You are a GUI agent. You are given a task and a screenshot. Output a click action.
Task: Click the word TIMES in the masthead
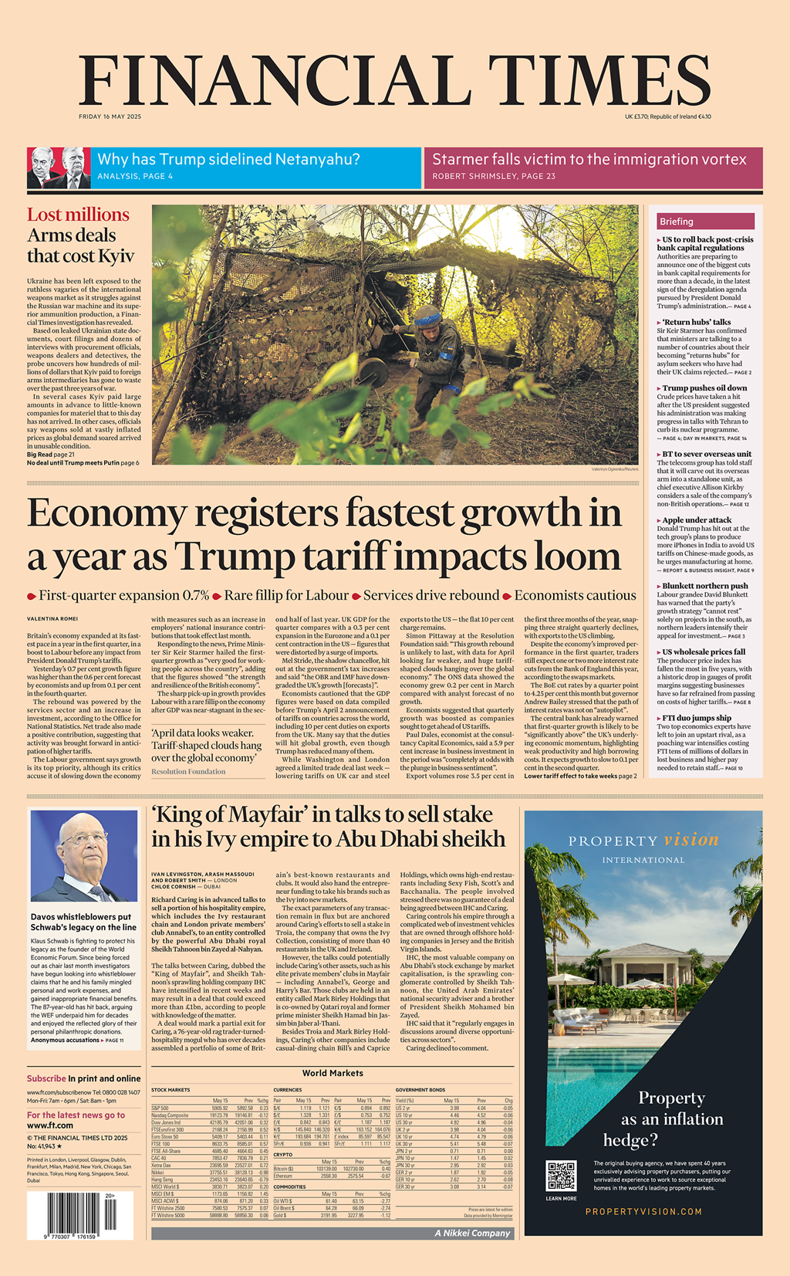598,80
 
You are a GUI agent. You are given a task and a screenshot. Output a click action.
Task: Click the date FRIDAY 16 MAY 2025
110,117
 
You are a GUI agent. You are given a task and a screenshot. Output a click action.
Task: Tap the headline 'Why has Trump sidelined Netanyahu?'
228,160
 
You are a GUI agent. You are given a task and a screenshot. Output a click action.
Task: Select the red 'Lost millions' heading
78,215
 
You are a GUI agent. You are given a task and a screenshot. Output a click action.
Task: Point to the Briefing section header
677,222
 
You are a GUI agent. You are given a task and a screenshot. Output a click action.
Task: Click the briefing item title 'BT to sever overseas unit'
707,454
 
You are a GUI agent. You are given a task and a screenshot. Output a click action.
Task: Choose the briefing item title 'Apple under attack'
697,520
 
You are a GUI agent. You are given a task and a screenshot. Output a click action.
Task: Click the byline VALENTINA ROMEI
52,619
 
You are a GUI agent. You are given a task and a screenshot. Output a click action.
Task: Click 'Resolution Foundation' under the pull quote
188,771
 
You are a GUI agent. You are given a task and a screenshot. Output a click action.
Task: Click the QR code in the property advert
561,1175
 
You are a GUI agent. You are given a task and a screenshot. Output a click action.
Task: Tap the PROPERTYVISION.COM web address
643,1211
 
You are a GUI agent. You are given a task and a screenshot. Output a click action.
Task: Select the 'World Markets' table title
333,1073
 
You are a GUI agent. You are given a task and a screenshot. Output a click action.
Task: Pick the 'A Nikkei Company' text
472,1233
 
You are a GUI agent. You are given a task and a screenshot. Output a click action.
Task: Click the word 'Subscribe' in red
46,1078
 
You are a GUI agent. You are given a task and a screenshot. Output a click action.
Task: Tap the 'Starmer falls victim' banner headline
589,160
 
